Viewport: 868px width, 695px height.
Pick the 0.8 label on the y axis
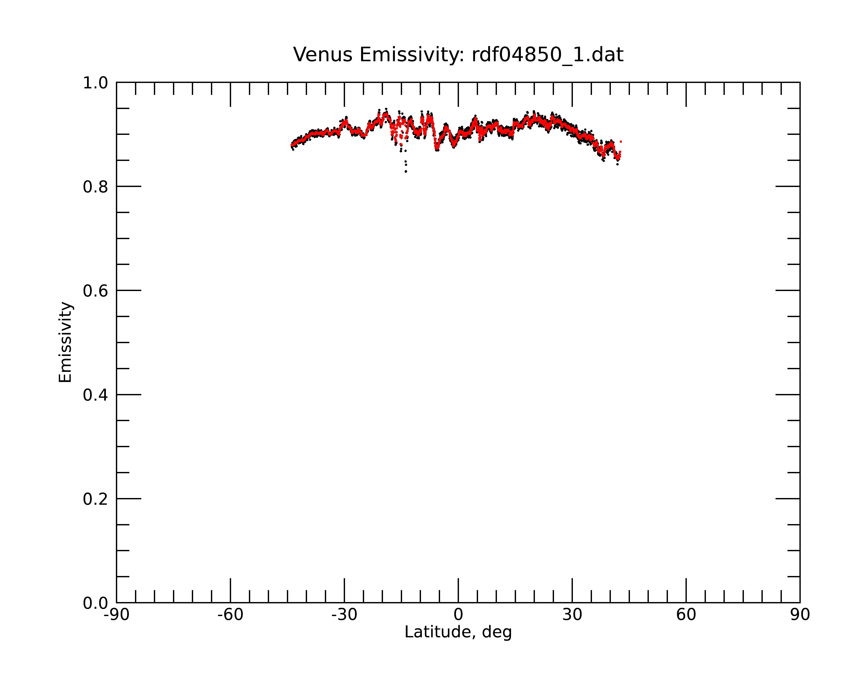[x=95, y=187]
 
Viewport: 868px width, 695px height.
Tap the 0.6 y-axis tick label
[x=95, y=291]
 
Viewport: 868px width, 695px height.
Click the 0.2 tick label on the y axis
[x=95, y=499]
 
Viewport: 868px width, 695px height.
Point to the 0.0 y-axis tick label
[x=95, y=603]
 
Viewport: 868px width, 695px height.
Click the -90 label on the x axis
[x=116, y=615]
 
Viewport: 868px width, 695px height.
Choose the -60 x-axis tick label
[x=230, y=615]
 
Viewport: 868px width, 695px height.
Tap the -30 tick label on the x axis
[x=344, y=615]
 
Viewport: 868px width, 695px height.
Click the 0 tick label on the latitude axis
[x=458, y=615]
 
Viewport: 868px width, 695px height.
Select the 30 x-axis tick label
[x=572, y=615]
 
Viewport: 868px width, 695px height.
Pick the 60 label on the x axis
[x=686, y=615]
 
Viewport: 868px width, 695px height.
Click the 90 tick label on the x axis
[x=800, y=615]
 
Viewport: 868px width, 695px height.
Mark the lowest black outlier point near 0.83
[x=406, y=172]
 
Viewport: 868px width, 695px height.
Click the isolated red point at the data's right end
[x=621, y=142]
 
